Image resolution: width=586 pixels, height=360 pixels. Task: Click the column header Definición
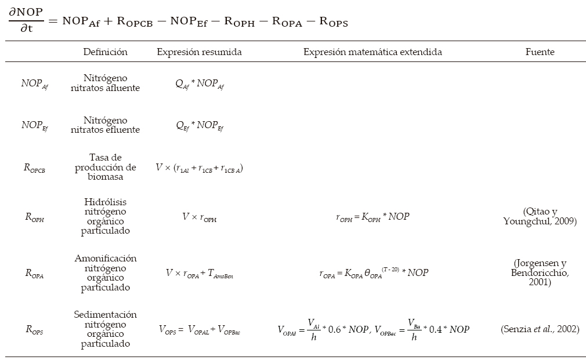(105, 52)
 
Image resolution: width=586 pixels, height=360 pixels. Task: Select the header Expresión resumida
(199, 52)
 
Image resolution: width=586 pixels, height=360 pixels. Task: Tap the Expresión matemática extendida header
(372, 52)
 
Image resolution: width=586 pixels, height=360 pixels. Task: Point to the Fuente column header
(540, 52)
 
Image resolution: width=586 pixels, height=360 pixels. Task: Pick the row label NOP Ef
(35, 125)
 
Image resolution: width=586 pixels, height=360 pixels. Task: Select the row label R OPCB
(35, 169)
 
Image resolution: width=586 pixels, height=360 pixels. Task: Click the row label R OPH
(35, 217)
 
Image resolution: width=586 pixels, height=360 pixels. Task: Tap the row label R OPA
(35, 273)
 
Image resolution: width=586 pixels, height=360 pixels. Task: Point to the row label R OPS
(35, 330)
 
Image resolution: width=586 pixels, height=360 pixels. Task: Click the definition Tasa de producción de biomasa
(105, 167)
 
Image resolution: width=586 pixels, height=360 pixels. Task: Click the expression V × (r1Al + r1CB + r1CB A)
(200, 168)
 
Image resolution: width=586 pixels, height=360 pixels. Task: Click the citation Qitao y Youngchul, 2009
(540, 216)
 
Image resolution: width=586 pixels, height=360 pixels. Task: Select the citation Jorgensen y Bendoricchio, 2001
(540, 272)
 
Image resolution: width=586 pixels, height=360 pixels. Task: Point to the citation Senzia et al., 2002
(540, 329)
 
